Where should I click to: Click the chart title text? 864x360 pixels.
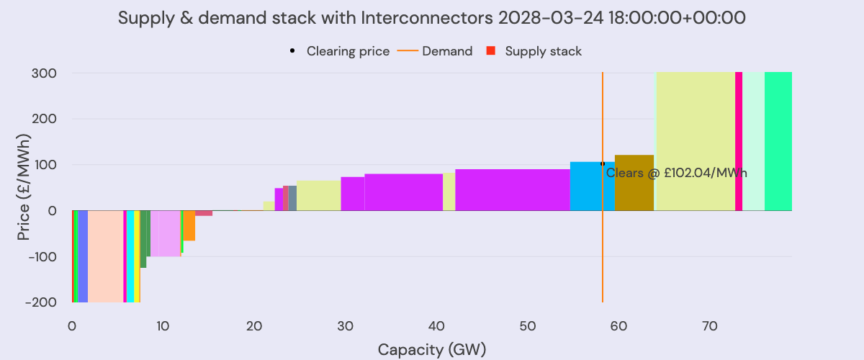click(431, 19)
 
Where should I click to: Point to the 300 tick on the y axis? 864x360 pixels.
click(45, 73)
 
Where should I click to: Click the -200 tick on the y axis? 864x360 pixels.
click(42, 302)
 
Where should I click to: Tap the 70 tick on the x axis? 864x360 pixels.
click(709, 326)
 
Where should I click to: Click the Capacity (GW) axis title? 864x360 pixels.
click(431, 350)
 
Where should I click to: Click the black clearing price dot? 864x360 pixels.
click(603, 163)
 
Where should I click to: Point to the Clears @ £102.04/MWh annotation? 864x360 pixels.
click(677, 173)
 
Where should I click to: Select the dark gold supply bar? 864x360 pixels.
click(634, 183)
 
